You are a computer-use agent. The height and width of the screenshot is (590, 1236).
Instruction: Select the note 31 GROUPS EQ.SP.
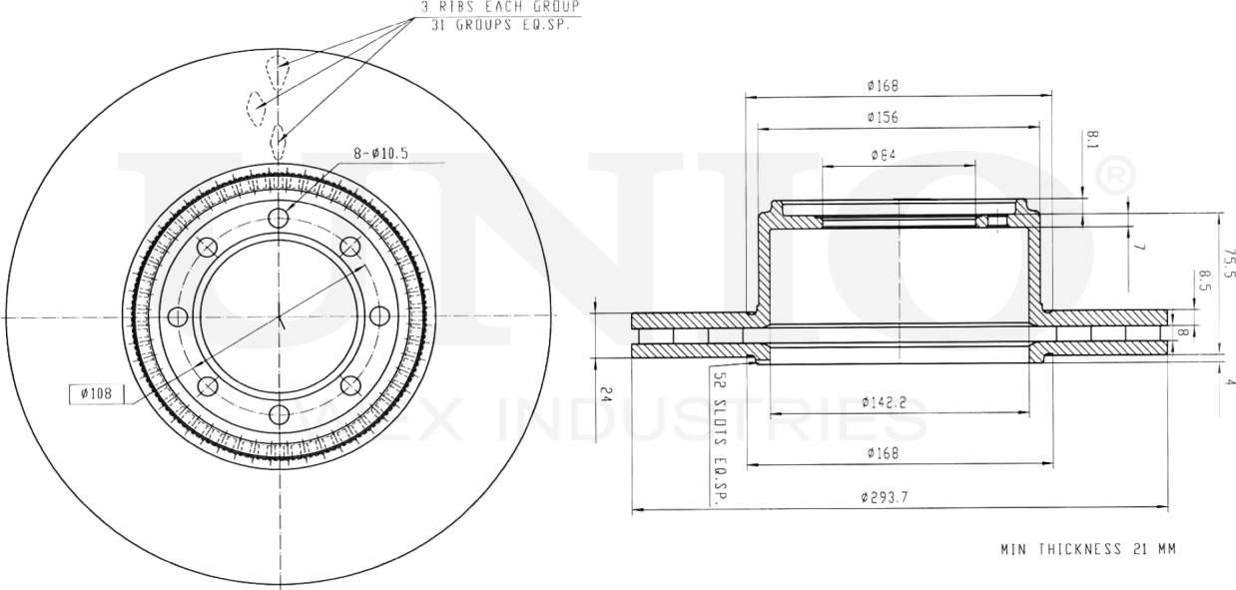pos(502,24)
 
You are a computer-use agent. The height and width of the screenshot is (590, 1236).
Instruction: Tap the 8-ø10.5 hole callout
pos(381,154)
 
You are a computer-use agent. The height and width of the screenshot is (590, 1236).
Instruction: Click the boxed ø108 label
pos(95,393)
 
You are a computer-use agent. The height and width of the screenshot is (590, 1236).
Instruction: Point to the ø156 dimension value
pos(883,117)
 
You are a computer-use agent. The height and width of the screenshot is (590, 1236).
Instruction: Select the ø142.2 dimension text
pos(884,402)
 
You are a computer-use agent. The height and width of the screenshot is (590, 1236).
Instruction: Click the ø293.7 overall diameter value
pos(883,497)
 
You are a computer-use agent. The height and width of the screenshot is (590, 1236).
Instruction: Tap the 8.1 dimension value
pos(1094,139)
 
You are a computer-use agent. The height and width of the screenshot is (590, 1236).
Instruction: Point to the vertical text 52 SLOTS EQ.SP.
pos(717,436)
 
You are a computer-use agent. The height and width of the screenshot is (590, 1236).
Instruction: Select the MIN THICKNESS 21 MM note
pos(1089,549)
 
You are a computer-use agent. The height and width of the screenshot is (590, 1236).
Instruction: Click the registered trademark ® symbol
pos(1115,178)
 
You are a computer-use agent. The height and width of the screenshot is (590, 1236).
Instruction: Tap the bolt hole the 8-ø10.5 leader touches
pos(279,218)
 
